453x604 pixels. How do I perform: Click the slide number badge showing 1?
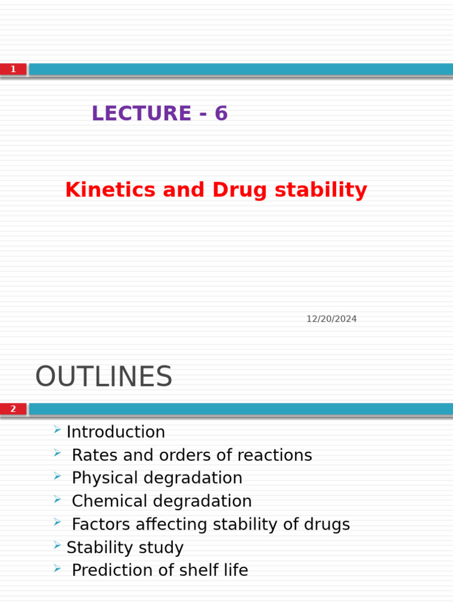pos(13,70)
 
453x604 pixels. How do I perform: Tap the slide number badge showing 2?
pos(13,409)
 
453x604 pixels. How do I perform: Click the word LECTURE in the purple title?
pos(141,113)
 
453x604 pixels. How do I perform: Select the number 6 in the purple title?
pos(221,113)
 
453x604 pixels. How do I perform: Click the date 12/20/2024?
pos(331,319)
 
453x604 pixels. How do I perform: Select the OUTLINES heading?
pos(104,377)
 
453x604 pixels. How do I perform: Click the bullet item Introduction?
pos(116,432)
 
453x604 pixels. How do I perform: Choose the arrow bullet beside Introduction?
pos(57,430)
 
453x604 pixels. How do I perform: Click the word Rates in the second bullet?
pos(94,455)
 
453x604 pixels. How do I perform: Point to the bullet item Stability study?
pos(125,548)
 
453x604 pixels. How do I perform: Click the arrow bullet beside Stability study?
pos(57,546)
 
